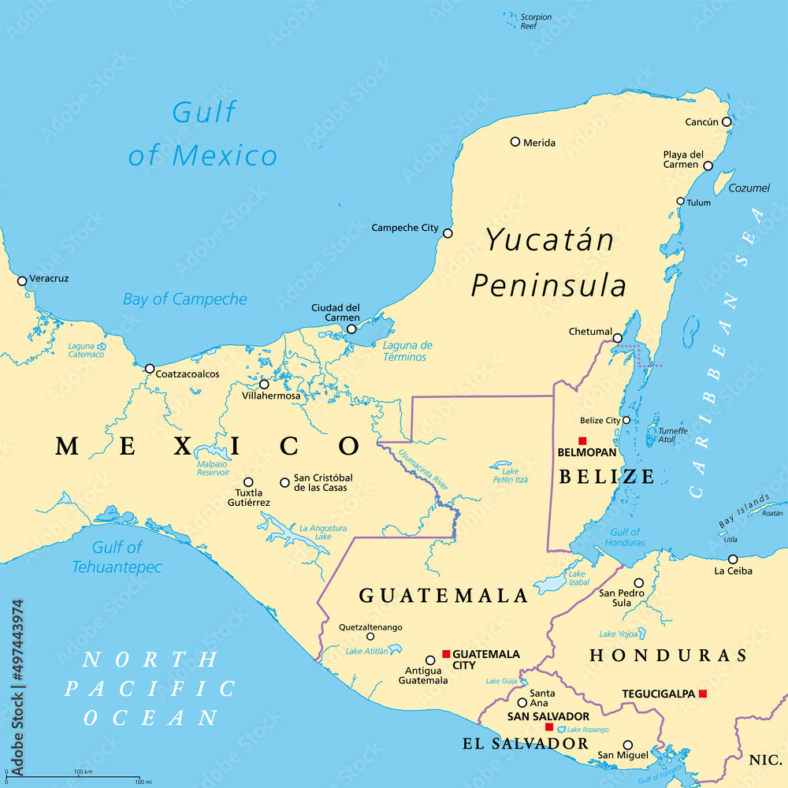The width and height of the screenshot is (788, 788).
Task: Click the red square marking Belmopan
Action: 582,440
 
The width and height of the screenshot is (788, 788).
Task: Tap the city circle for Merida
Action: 515,142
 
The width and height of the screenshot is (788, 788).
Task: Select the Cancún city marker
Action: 727,122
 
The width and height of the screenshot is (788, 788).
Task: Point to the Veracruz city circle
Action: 22,281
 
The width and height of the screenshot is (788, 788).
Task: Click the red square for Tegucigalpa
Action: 703,693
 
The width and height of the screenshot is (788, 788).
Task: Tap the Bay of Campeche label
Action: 184,299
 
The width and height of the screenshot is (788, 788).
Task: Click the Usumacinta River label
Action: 424,470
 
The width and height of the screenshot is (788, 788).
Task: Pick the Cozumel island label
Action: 748,188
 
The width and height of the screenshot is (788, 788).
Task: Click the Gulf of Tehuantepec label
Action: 117,557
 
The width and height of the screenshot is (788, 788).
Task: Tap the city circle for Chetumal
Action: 618,338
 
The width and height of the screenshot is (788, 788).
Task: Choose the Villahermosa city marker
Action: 264,385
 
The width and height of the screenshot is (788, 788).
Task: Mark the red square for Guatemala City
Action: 446,654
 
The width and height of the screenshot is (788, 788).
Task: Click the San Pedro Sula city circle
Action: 639,583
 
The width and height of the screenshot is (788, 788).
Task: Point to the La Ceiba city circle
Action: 733,559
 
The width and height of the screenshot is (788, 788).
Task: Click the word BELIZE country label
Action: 606,476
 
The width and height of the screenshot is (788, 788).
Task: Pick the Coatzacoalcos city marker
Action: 150,368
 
